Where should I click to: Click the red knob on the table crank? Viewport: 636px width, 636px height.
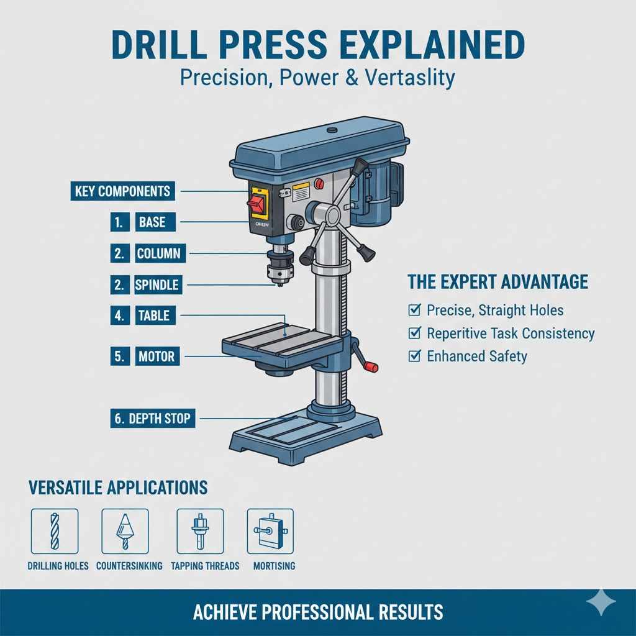click(371, 367)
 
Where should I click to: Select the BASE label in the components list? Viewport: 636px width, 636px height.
click(152, 222)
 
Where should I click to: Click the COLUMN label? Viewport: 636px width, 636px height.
click(158, 253)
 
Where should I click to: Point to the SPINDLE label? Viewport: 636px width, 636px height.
click(157, 285)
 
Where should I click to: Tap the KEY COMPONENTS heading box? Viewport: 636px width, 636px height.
click(122, 191)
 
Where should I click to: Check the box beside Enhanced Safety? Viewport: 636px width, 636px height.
click(414, 356)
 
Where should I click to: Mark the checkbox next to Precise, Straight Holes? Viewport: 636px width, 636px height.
click(414, 310)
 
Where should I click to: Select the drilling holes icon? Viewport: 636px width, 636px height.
click(55, 531)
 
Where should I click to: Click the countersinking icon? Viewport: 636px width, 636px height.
click(125, 531)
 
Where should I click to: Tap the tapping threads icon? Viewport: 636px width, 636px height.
click(200, 531)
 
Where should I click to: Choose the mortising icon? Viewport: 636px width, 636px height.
click(270, 531)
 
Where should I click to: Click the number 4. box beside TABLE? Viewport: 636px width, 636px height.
click(119, 316)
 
